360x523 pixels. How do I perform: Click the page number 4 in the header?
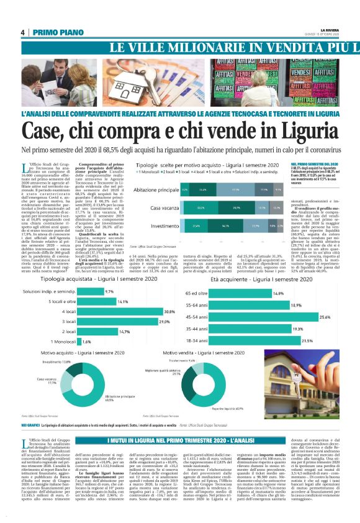[x=22, y=32]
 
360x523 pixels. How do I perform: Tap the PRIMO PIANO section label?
[x=53, y=32]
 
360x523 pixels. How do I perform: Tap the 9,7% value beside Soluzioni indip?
[x=109, y=291]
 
